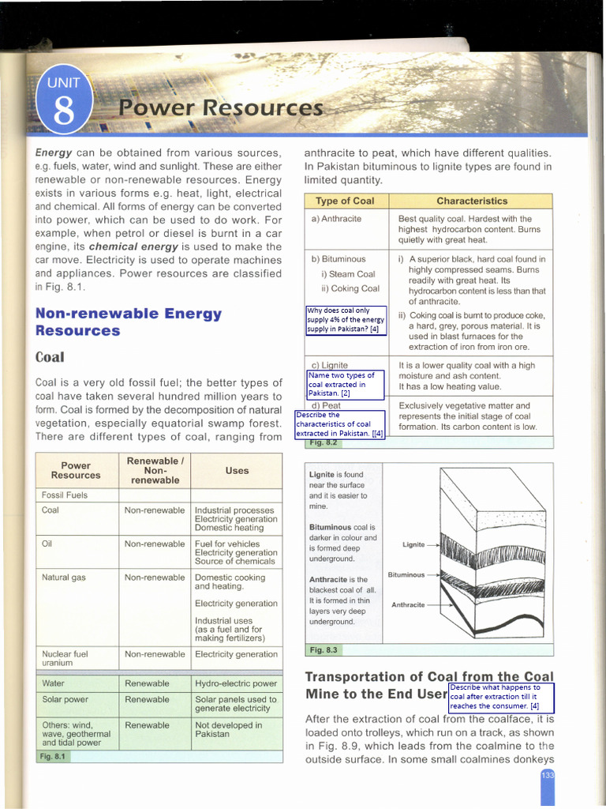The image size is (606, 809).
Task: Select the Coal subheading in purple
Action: tap(50, 357)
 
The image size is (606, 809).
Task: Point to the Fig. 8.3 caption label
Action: tap(323, 649)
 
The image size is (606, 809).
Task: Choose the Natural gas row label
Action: tap(64, 578)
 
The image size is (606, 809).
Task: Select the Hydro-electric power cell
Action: tap(236, 683)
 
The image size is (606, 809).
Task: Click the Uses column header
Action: tap(237, 470)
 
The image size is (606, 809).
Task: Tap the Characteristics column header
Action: tap(472, 201)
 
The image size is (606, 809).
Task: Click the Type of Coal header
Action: tap(345, 201)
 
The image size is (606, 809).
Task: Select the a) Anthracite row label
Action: tap(336, 218)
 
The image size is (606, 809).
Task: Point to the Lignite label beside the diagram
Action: tap(413, 544)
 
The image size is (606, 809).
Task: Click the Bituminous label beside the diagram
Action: tap(406, 574)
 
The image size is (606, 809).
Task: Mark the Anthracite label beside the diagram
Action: tap(408, 604)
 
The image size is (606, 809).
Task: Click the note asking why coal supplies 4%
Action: tap(346, 320)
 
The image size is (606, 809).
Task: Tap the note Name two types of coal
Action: tap(345, 384)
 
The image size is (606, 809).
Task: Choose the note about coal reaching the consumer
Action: tap(501, 697)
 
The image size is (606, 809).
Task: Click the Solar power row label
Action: tap(66, 699)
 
